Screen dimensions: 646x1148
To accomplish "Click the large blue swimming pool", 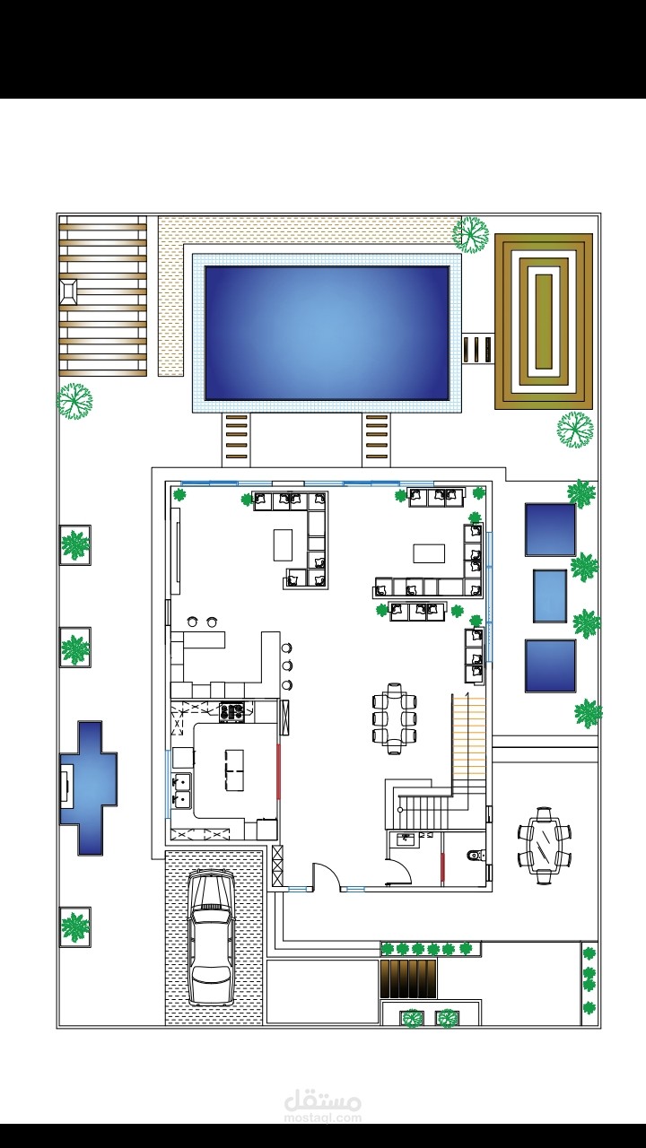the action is [x=327, y=333].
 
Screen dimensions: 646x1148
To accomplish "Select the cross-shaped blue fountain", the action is [x=88, y=787].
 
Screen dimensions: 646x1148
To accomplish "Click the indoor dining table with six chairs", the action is [x=394, y=718].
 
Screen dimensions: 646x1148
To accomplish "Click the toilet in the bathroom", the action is [x=475, y=855].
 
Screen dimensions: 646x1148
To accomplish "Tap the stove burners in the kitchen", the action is [x=231, y=712].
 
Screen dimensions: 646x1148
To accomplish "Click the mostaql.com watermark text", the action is [x=322, y=1118].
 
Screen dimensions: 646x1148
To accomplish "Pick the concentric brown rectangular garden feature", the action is [x=544, y=321].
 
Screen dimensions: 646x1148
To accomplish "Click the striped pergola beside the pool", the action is [x=103, y=296].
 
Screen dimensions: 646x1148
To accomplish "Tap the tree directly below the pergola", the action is [x=74, y=401].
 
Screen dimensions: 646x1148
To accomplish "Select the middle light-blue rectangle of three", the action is [x=550, y=596].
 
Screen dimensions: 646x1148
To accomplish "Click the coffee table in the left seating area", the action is [x=283, y=545].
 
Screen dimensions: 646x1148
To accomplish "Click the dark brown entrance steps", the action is [x=408, y=978].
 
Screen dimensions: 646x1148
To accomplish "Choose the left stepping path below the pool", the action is [x=236, y=438].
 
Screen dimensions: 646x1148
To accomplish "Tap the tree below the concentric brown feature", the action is [x=575, y=430].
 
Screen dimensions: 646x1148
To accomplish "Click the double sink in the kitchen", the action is [x=181, y=790].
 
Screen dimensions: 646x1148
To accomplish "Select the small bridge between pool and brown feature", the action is [x=478, y=350].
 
